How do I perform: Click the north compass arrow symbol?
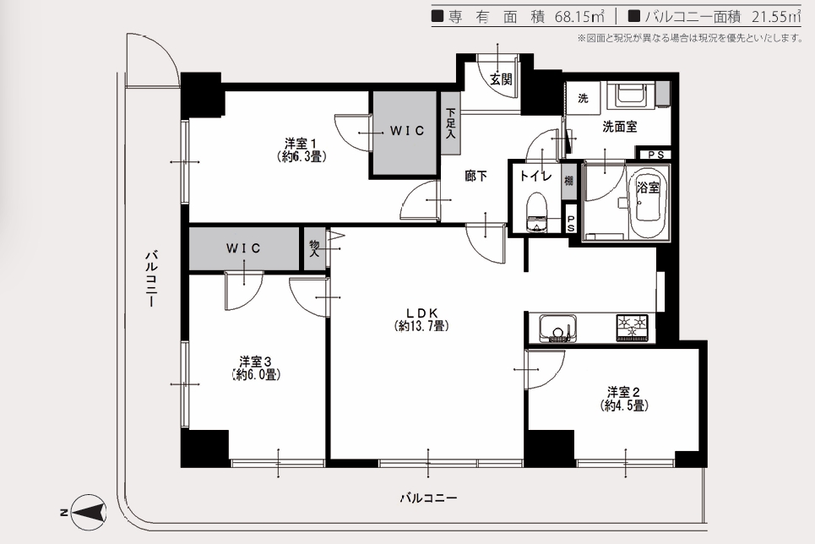(x=89, y=512)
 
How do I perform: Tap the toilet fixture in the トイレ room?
(x=535, y=212)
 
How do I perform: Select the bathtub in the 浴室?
(x=647, y=203)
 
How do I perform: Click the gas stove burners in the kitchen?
(x=633, y=328)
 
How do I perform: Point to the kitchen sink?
(x=558, y=328)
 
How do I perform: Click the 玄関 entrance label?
(x=501, y=79)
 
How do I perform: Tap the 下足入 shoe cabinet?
(x=450, y=123)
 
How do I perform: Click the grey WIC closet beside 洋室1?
(x=404, y=133)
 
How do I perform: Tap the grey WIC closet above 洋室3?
(x=244, y=248)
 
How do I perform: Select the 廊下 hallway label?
(x=476, y=177)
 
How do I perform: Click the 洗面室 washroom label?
(x=620, y=127)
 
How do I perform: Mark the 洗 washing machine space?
(x=584, y=97)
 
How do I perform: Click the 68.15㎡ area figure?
(x=579, y=17)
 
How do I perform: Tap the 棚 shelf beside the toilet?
(x=569, y=181)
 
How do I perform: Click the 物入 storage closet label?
(x=314, y=249)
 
